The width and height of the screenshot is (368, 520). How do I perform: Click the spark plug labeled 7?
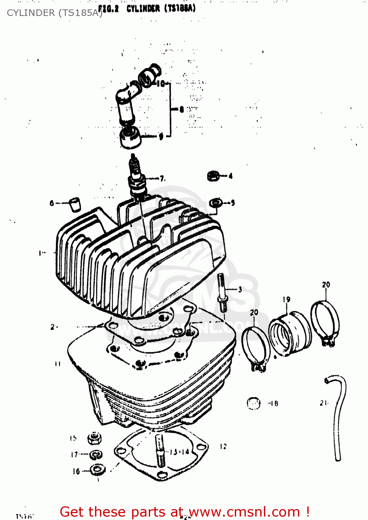coord(136,179)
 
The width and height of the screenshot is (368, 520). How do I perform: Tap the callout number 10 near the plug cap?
coord(161,84)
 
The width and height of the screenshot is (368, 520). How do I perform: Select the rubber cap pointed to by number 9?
coord(131,137)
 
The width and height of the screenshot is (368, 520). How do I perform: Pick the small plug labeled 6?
coord(74,204)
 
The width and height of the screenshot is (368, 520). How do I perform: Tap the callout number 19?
coord(286,300)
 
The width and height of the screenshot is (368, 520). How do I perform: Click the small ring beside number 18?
coord(254,403)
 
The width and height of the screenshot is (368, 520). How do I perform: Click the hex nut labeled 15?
coord(94,439)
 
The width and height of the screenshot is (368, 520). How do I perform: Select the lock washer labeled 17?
coord(96,454)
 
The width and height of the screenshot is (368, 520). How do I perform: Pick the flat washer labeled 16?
coord(97,470)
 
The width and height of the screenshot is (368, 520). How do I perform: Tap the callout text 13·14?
coord(179,452)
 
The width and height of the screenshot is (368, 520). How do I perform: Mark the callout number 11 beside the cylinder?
coord(58,364)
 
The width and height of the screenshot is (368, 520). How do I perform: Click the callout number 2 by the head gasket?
coord(53,327)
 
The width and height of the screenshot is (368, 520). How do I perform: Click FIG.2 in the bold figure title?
coord(108,9)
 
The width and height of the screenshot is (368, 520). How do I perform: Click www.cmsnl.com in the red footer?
coord(244,512)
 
